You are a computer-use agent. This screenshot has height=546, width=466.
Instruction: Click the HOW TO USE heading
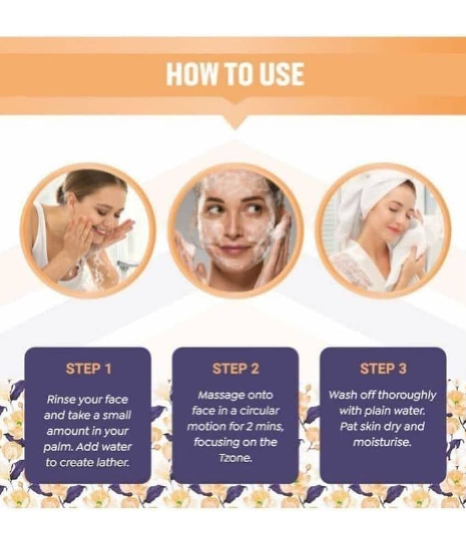(235, 74)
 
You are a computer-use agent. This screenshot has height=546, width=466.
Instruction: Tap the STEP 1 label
(89, 369)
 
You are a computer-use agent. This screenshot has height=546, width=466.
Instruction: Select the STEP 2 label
(236, 369)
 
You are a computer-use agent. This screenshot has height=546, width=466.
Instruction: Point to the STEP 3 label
(383, 369)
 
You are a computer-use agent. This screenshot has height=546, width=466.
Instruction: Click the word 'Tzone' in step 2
(235, 458)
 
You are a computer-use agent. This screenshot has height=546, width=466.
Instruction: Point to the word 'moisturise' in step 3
(382, 442)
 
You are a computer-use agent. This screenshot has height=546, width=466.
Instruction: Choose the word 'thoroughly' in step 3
(407, 395)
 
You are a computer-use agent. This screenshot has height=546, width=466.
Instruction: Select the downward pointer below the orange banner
(235, 122)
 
